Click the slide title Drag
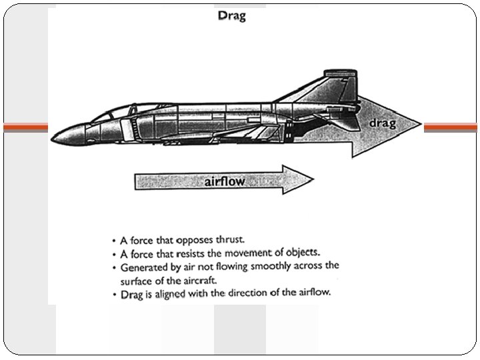click(231, 15)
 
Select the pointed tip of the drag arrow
click(421, 125)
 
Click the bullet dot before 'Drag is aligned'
click(115, 293)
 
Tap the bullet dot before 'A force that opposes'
click(115, 239)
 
